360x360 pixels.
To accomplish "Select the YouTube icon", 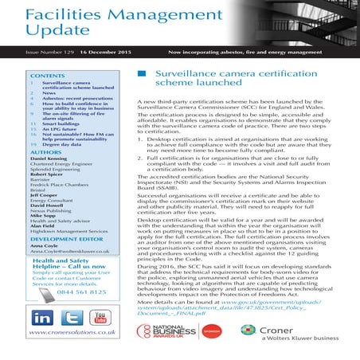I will click(100, 316).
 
